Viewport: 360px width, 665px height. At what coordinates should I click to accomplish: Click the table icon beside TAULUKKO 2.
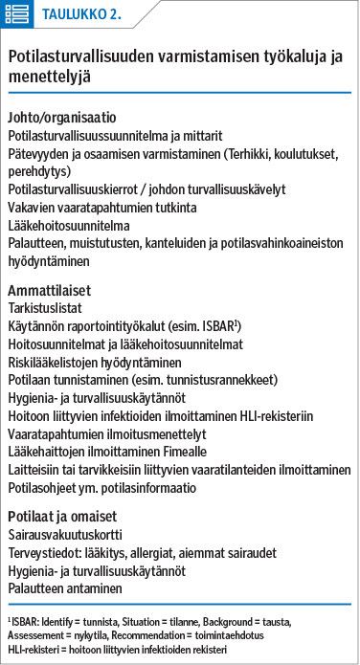tap(18, 14)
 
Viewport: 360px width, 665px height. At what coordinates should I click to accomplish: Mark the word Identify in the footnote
tap(60, 620)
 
